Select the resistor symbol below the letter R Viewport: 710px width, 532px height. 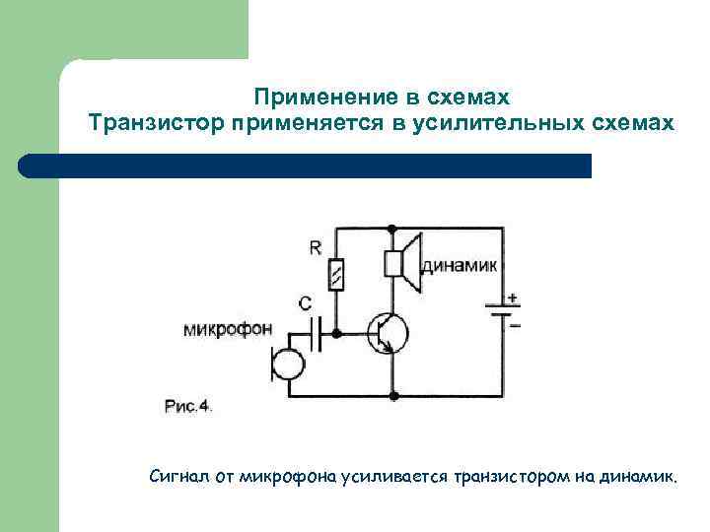[337, 275]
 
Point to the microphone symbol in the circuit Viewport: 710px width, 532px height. [286, 365]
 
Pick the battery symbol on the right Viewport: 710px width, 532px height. [500, 311]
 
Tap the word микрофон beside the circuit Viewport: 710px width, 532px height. [229, 330]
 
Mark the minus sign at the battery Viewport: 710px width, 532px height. [514, 324]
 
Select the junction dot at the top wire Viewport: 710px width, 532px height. [393, 229]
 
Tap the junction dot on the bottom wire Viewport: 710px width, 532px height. [393, 396]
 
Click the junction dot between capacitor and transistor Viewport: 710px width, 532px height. [337, 334]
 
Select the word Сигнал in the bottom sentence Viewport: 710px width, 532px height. [177, 478]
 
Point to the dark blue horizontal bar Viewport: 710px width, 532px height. [306, 166]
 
